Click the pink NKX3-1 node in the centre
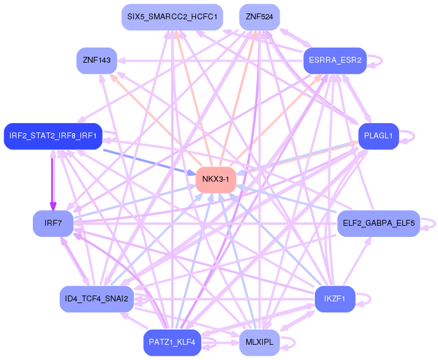click(215, 179)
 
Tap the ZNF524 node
click(259, 17)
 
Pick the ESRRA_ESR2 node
click(335, 60)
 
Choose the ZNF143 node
click(97, 60)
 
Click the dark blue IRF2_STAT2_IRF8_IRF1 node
click(53, 136)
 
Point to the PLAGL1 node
click(378, 136)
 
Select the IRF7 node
click(53, 223)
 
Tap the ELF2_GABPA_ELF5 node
click(378, 223)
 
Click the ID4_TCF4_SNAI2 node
click(97, 299)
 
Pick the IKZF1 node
click(335, 299)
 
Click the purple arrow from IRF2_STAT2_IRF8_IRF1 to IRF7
click(53, 179)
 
